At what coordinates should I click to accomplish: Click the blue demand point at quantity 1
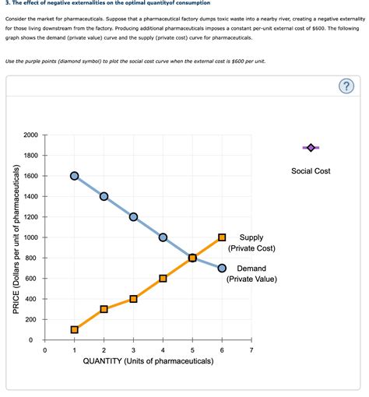(74, 176)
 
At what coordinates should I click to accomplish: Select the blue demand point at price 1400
(104, 196)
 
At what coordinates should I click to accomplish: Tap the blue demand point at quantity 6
(222, 268)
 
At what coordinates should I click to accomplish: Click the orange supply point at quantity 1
(74, 329)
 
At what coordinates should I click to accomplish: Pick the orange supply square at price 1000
(222, 237)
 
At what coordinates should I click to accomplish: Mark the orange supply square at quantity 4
(163, 278)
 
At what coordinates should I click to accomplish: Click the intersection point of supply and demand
(192, 258)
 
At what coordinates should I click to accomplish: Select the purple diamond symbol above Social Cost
(311, 147)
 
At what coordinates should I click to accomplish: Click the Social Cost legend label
(311, 170)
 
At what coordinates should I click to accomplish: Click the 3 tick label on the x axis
(133, 351)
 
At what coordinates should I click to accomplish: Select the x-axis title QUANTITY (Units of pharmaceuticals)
(148, 362)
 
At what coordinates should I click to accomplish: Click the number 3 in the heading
(6, 4)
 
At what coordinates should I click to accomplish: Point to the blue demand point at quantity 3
(133, 216)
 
